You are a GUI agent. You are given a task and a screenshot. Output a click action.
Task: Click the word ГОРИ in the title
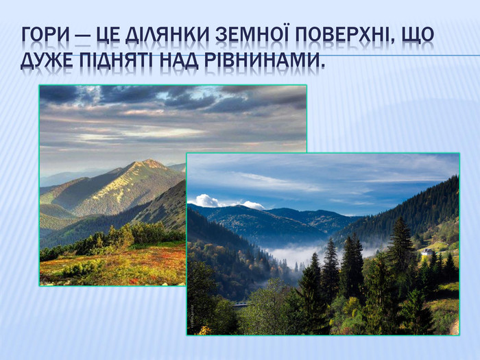coord(45,34)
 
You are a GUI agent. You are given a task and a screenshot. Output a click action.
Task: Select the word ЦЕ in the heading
coord(108,35)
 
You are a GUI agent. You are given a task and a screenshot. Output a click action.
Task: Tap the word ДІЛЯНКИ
coord(167,34)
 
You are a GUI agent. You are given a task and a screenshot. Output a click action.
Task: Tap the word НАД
coord(178,60)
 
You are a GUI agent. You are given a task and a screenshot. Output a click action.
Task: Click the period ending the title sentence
coord(321,66)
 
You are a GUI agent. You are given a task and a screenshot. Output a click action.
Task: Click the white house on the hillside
coord(427,252)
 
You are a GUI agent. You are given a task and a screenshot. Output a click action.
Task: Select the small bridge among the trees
coord(241,304)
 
